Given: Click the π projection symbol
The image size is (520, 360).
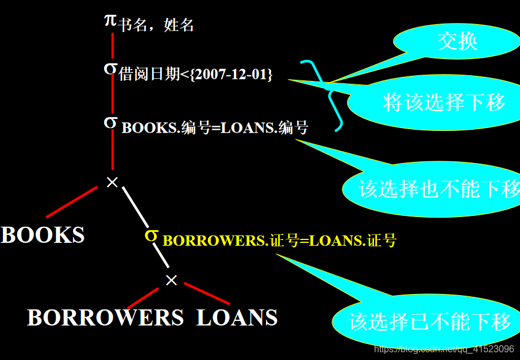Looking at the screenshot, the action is coord(110,20).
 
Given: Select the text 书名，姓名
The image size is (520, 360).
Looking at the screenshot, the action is coord(156,25).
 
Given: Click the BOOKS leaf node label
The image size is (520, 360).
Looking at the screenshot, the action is coord(43,235).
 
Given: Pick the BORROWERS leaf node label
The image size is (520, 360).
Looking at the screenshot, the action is coord(105,318).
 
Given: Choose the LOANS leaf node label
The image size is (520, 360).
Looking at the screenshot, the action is coord(237,318).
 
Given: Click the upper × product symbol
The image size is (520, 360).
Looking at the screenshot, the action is coord(113,182).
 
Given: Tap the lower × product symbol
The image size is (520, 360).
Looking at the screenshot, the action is coord(171,280).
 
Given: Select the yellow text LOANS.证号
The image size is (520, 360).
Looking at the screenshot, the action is coord(353,241).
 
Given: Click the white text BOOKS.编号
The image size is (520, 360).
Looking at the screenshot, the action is coord(166,127).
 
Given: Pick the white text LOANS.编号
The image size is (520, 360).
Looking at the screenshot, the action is coord(264,127).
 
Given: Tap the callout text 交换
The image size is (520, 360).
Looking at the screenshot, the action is coord(457,41).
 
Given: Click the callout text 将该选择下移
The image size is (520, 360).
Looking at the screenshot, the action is coord(444,102).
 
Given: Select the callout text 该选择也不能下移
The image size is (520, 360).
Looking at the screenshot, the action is coord(439,189).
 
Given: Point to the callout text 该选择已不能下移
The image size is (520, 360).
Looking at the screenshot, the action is coord(429,322).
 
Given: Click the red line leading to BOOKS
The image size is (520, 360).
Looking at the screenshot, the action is coord(72,202).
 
